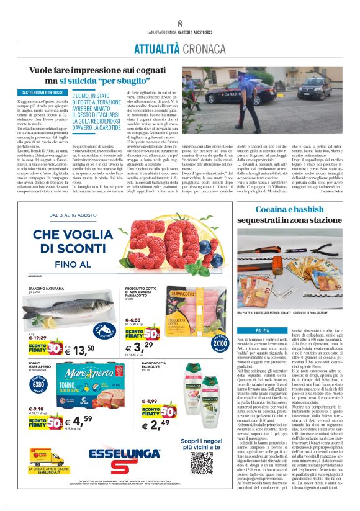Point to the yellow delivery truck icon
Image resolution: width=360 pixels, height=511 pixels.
coord(45,459)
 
